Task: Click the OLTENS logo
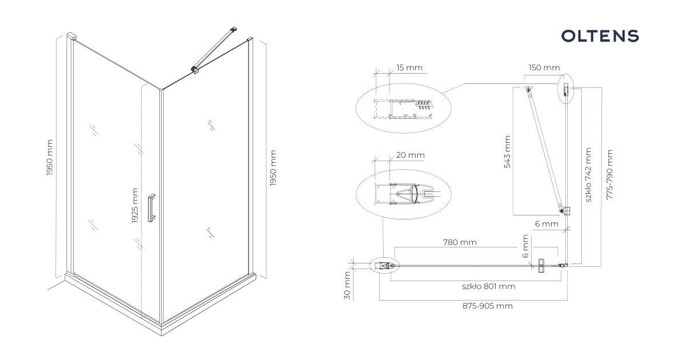[x=600, y=36]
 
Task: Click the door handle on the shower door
[x=151, y=208]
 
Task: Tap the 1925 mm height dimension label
[x=135, y=206]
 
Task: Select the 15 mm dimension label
[x=409, y=67]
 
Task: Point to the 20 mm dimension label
[x=410, y=155]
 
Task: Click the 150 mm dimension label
[x=544, y=67]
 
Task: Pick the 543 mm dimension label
[x=507, y=151]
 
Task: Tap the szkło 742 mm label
[x=588, y=175]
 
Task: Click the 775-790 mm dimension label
[x=609, y=174]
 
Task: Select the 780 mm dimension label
[x=460, y=242]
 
